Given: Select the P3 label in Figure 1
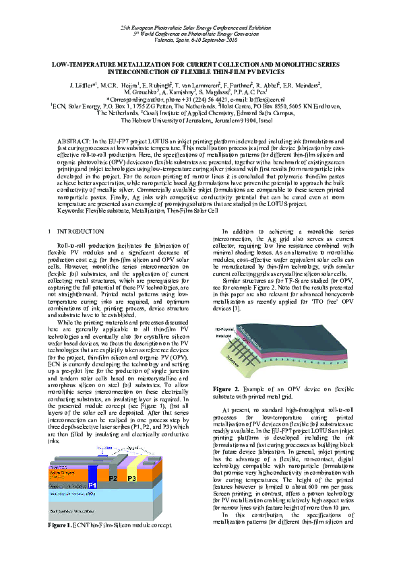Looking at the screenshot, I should [x=133, y=516].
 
